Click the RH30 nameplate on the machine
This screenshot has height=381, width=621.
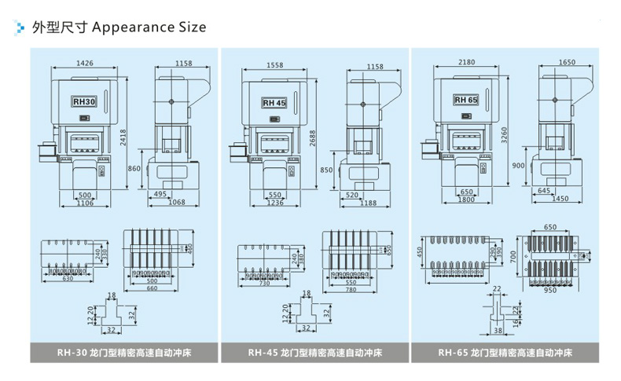tap(83, 102)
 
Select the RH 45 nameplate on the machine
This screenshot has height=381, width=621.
tap(274, 103)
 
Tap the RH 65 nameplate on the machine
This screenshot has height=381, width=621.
tap(465, 101)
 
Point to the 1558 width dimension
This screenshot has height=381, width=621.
tap(275, 66)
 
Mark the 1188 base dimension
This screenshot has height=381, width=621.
tap(368, 203)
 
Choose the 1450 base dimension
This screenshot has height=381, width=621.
tap(560, 199)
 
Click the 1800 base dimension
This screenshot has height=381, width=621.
tap(466, 200)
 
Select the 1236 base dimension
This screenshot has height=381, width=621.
tap(275, 203)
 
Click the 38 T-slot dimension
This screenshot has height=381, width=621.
tap(499, 331)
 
